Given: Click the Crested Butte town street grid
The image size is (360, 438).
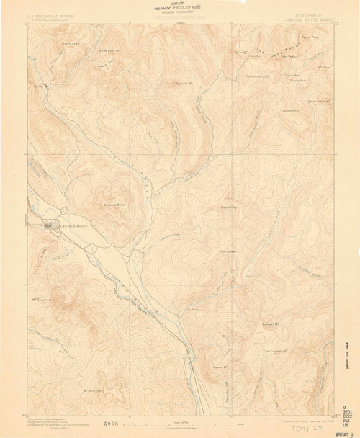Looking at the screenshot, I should click(49, 225).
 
